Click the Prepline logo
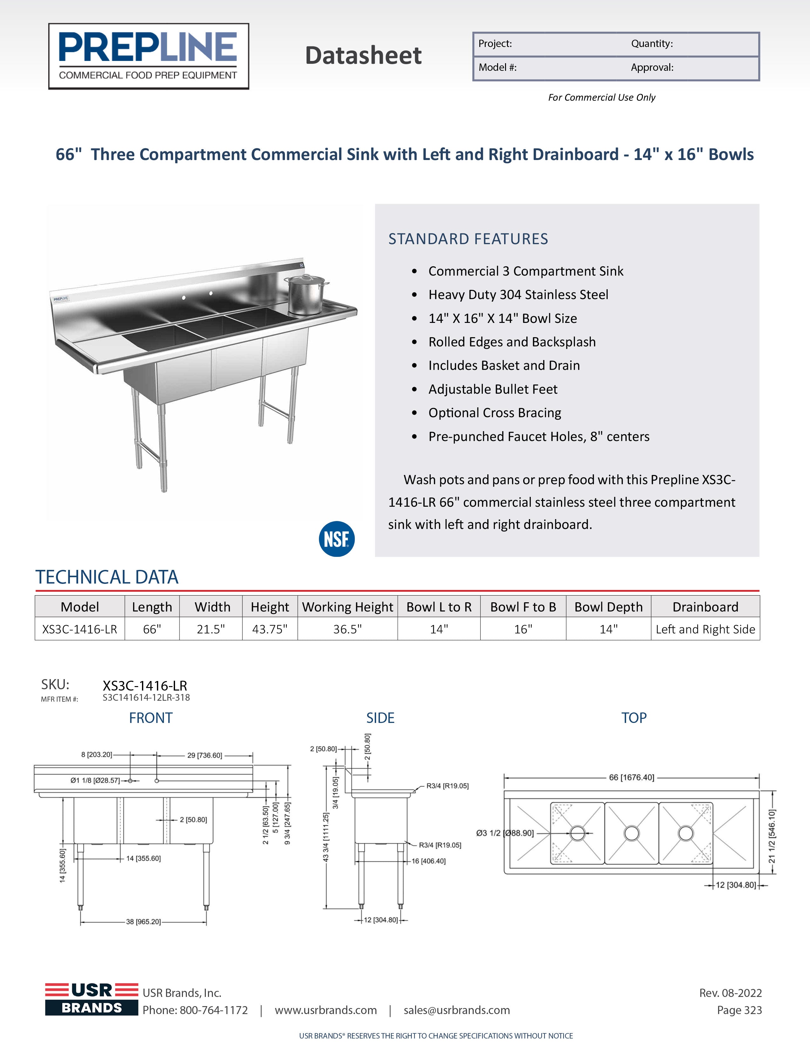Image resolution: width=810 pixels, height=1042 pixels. pos(148,56)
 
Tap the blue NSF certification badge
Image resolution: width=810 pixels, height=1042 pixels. pos(336,539)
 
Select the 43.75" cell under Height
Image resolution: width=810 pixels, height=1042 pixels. pos(270,629)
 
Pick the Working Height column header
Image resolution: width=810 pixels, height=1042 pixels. pos(348,607)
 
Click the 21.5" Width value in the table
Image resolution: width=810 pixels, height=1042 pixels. pos(211,629)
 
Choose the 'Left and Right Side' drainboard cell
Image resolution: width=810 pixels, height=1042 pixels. pos(705,629)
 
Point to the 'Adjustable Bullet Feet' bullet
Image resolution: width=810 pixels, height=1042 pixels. pos(493,389)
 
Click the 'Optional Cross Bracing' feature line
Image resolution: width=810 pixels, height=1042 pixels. pos(495,413)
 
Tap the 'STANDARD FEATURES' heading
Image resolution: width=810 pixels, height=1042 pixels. pos(468,238)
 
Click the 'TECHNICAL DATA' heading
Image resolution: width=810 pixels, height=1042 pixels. pos(107,577)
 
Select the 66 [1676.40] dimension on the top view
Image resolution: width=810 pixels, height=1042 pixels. pos(631,777)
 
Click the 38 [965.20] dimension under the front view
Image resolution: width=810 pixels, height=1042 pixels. pos(143,922)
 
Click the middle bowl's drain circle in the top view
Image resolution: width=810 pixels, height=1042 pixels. pos(631,833)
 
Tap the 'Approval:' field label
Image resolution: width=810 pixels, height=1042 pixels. pos(652,68)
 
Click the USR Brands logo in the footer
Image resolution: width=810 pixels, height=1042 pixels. pos(92,999)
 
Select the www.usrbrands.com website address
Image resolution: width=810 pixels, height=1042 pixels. pos(326,1010)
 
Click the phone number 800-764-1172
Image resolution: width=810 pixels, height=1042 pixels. pos(213,1010)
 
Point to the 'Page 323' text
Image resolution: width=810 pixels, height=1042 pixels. pos(739,1010)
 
